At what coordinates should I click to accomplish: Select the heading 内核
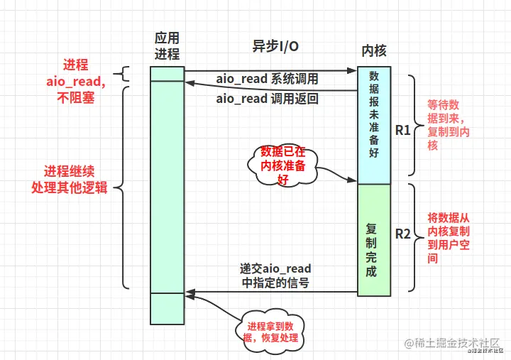coord(374,52)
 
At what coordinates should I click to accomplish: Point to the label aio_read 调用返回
coord(267,99)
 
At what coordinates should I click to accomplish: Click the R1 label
coord(403,130)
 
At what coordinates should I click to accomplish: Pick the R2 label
coord(403,234)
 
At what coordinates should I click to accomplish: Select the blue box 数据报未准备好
coord(373,125)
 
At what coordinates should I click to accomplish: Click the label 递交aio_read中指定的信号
coord(275,276)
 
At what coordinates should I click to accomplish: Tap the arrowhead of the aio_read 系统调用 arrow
coord(353,70)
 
